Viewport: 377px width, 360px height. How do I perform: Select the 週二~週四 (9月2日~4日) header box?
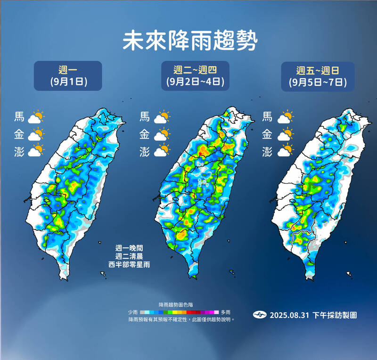coord(195,76)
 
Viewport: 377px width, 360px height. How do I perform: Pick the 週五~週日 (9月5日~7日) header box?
coord(319,76)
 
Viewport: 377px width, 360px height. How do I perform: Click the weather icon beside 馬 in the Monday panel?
coord(36,117)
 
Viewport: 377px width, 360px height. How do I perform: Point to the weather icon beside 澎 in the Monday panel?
coord(36,151)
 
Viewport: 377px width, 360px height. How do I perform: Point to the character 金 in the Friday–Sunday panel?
coord(267,135)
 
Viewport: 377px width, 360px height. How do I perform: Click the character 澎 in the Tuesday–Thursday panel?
coord(145,152)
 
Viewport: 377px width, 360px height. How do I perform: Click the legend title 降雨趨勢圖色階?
coord(180,305)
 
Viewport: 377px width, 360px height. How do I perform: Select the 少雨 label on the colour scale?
coord(133,312)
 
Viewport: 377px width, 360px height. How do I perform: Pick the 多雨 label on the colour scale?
coord(225,312)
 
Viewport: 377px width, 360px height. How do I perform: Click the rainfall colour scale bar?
coord(180,312)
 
